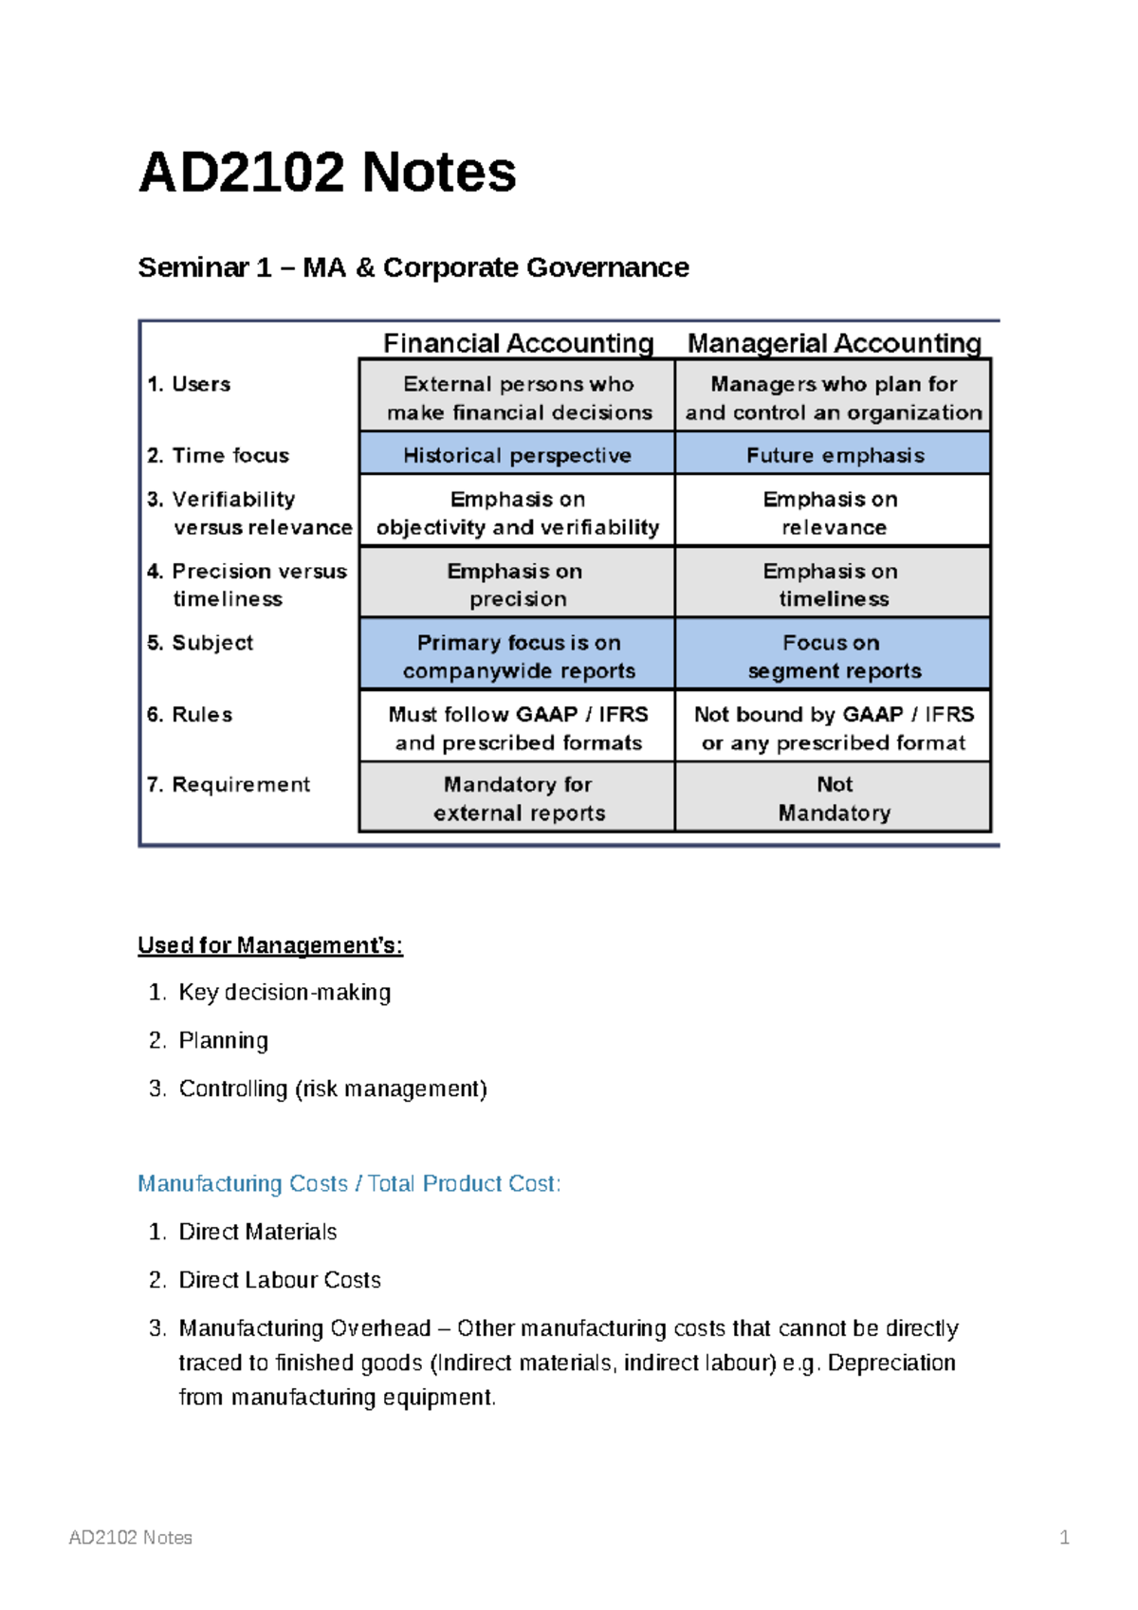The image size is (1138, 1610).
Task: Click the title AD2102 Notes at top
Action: [327, 173]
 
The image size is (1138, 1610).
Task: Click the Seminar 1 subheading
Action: [413, 268]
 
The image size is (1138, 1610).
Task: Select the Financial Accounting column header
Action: [518, 343]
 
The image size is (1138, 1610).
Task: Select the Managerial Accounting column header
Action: [834, 343]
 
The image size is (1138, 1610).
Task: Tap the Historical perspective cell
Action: [517, 455]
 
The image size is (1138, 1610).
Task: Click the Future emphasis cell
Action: [835, 455]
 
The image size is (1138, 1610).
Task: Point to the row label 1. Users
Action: [189, 384]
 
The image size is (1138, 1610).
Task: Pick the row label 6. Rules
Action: [190, 714]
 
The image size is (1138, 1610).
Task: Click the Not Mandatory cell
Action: [834, 798]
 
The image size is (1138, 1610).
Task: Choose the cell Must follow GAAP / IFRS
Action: [518, 727]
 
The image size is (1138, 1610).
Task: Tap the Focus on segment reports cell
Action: [834, 656]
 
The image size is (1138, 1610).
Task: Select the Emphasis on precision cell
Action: [517, 584]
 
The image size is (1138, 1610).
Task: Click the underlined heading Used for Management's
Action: [270, 945]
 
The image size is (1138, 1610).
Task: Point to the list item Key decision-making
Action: [284, 993]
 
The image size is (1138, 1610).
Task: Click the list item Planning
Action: [224, 1041]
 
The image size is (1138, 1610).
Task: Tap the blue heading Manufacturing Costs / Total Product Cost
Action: [349, 1184]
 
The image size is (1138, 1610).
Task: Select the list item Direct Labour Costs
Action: [280, 1280]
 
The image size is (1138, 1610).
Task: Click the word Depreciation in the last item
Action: [891, 1363]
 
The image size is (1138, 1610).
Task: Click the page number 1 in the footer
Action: [1064, 1537]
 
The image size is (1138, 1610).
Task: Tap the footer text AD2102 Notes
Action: [131, 1537]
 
